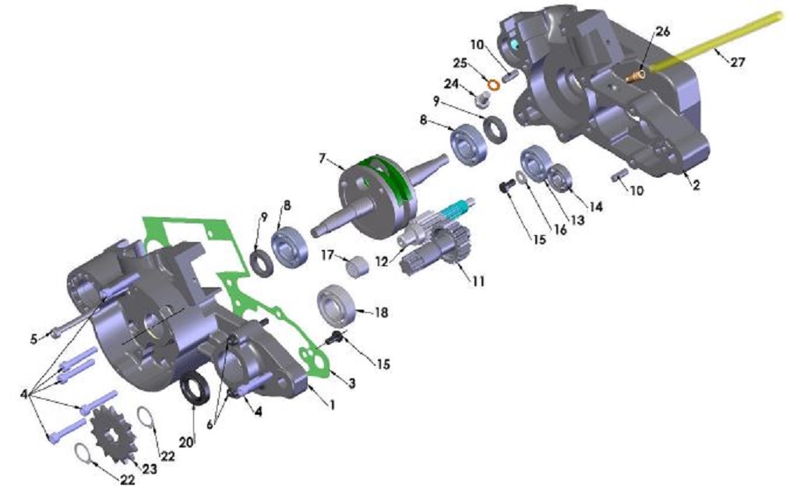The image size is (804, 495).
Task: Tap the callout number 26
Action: tap(662, 32)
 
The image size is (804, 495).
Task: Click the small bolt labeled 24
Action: tap(483, 99)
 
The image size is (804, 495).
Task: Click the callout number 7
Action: tap(322, 159)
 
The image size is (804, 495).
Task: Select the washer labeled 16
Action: tap(520, 180)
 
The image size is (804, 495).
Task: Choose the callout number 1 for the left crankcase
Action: tap(332, 405)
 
